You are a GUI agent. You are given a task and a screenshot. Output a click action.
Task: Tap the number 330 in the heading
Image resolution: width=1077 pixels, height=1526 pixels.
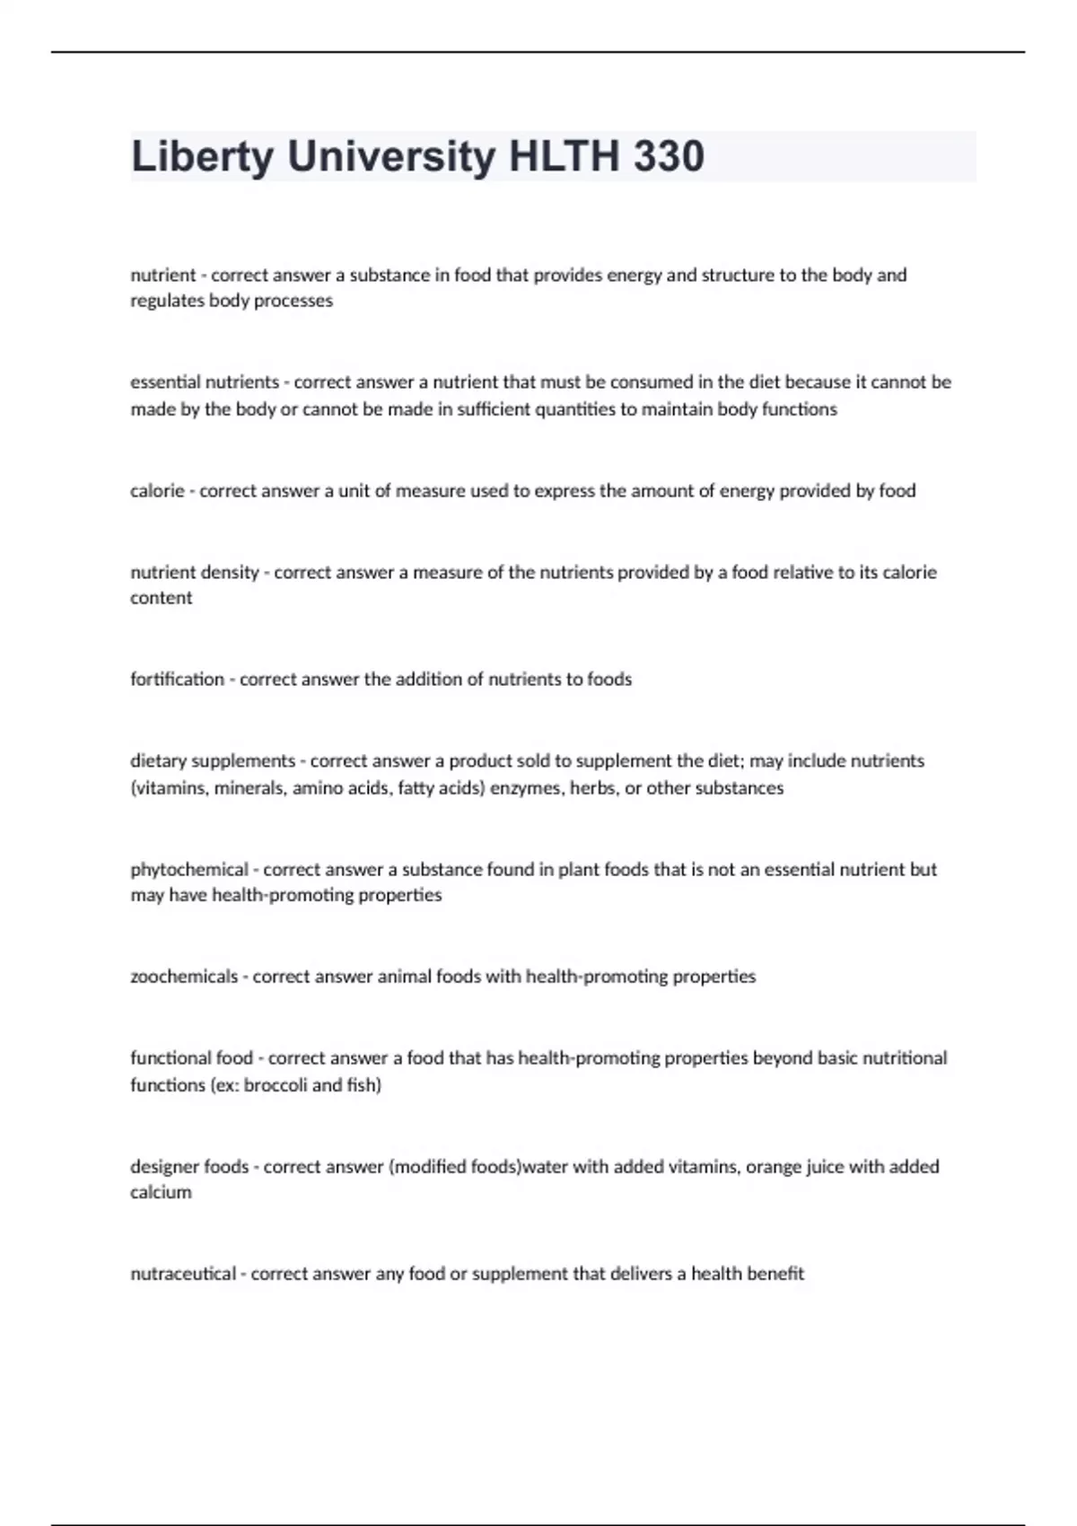[669, 157]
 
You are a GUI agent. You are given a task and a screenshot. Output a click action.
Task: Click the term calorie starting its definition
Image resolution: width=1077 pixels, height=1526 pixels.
[156, 491]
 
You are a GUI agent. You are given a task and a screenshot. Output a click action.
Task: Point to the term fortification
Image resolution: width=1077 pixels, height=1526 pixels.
[177, 680]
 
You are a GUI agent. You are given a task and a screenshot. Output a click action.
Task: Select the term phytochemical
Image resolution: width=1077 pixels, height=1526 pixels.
[188, 870]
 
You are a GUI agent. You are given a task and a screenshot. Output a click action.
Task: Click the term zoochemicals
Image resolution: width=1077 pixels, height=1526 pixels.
[184, 977]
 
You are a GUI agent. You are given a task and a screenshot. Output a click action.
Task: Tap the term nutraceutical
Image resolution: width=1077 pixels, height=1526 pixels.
[183, 1274]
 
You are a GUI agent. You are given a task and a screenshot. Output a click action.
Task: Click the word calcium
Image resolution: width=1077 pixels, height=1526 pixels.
[161, 1193]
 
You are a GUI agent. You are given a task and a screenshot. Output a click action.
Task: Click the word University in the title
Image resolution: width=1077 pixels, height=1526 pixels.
[391, 157]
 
